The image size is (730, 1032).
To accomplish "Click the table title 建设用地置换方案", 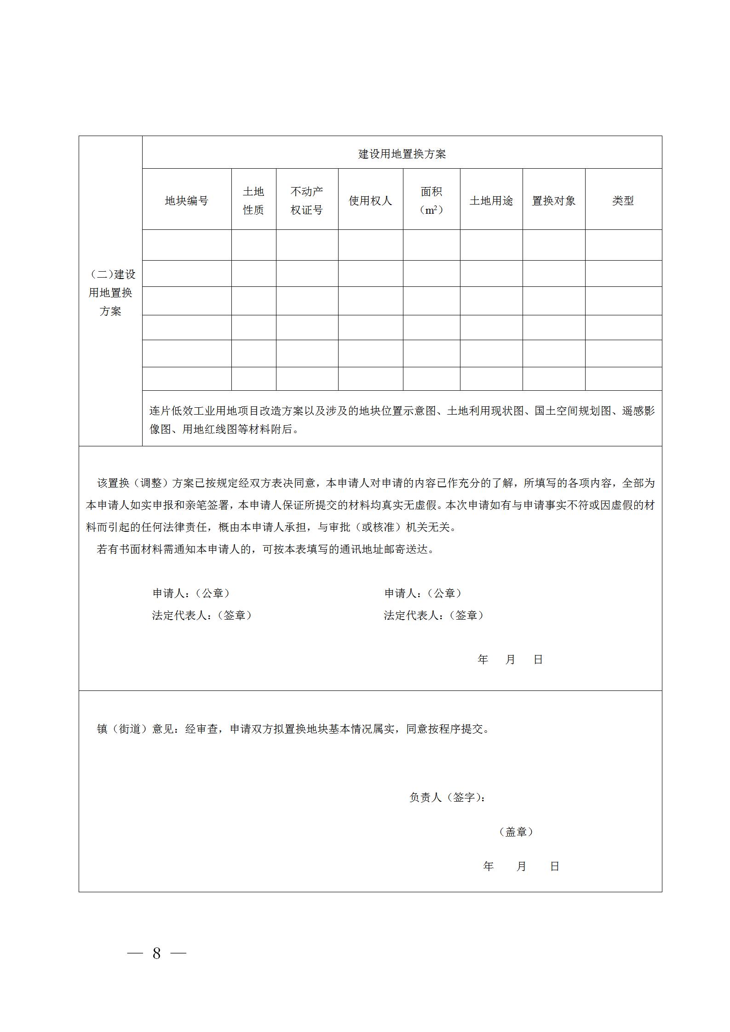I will [x=402, y=154].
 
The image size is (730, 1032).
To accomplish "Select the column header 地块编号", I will [x=186, y=201].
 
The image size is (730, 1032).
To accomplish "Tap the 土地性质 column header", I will [x=253, y=201].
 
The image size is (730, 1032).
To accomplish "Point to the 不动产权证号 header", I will [x=307, y=201].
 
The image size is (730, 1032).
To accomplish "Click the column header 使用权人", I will [x=370, y=201].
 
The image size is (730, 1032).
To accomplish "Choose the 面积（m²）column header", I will [x=431, y=201].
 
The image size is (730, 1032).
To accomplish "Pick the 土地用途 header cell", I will [x=491, y=201].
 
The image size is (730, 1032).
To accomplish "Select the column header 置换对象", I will [x=553, y=201].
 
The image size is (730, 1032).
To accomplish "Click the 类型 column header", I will [x=623, y=201].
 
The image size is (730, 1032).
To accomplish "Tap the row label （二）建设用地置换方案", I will [x=110, y=293].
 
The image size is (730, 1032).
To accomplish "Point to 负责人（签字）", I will [x=447, y=797].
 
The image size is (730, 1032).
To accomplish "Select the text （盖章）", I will [x=516, y=832].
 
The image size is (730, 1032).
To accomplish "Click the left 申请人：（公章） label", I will [x=191, y=593].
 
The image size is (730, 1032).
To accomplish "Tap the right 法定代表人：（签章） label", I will [x=434, y=616].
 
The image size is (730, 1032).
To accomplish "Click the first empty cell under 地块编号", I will [x=186, y=245].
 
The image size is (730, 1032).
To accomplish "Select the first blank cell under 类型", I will [x=623, y=245].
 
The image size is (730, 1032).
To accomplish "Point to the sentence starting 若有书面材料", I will [x=265, y=549].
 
